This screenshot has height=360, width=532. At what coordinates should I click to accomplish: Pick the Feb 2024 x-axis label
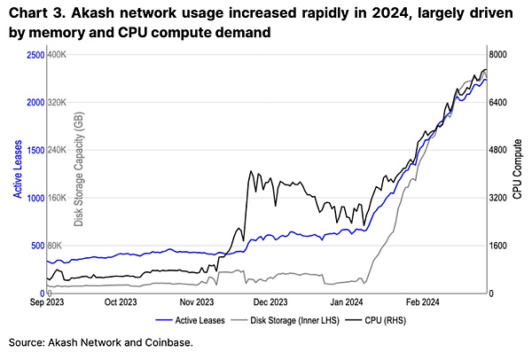423,301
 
